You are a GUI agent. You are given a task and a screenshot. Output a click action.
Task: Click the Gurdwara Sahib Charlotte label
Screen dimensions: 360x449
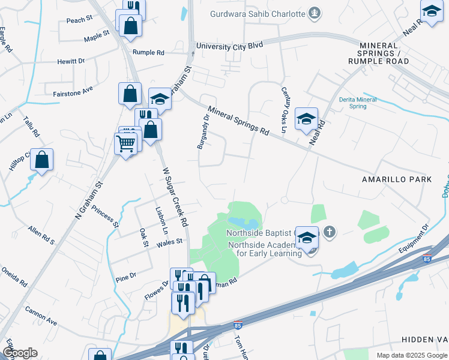258,14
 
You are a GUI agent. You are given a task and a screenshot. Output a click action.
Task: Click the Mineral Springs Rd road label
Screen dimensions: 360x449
238,120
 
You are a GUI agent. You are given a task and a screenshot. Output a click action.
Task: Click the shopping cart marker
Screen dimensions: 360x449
125,144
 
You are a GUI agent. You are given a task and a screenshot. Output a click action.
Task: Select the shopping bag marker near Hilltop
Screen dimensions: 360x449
41,160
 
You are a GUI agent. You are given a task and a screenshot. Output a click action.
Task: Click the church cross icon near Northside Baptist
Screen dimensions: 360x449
328,232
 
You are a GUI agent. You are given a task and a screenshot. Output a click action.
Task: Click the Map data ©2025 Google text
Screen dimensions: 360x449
412,355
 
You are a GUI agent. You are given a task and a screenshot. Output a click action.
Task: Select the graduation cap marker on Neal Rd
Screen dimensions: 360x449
306,119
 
